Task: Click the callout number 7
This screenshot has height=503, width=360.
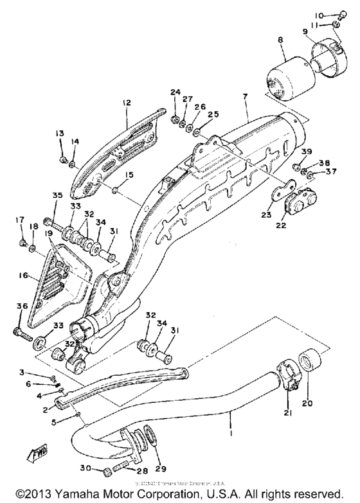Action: [x=244, y=96]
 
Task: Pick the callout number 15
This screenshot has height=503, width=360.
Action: [x=130, y=174]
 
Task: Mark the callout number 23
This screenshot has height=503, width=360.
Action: [x=265, y=216]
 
